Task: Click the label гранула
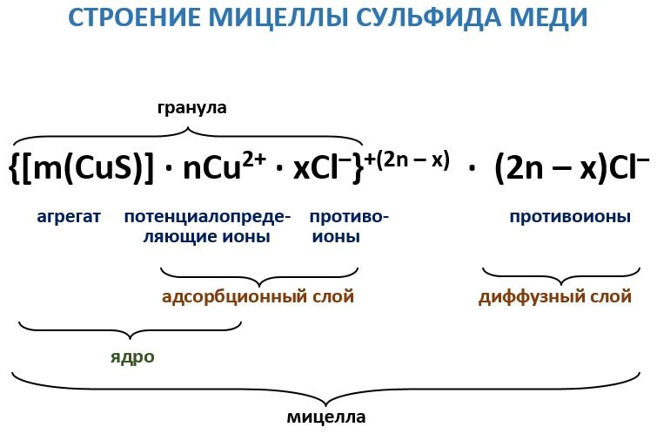(192, 108)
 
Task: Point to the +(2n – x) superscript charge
(407, 159)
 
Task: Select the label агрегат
(69, 217)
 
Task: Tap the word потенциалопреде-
(207, 217)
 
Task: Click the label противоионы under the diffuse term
(570, 217)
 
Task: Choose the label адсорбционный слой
(258, 297)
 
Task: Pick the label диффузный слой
(555, 297)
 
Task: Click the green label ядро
(132, 357)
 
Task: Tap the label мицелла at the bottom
(326, 417)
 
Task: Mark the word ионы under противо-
(336, 236)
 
